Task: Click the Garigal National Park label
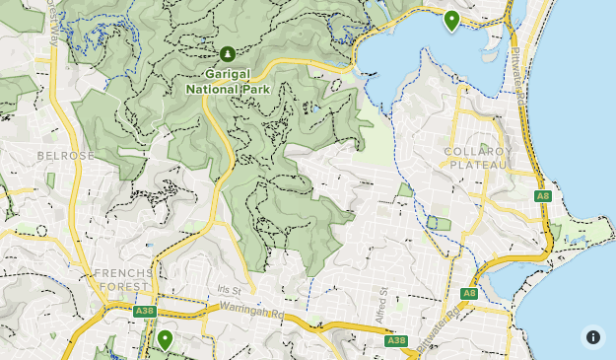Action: click(228, 79)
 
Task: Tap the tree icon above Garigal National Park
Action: click(228, 53)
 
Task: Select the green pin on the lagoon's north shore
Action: click(451, 20)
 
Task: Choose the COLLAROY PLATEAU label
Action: click(478, 158)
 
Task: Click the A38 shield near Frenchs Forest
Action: click(145, 311)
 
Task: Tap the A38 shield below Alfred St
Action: click(395, 340)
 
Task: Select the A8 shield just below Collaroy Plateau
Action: click(542, 196)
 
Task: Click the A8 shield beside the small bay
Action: click(469, 293)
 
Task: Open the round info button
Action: click(592, 336)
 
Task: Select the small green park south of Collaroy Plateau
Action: click(441, 224)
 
